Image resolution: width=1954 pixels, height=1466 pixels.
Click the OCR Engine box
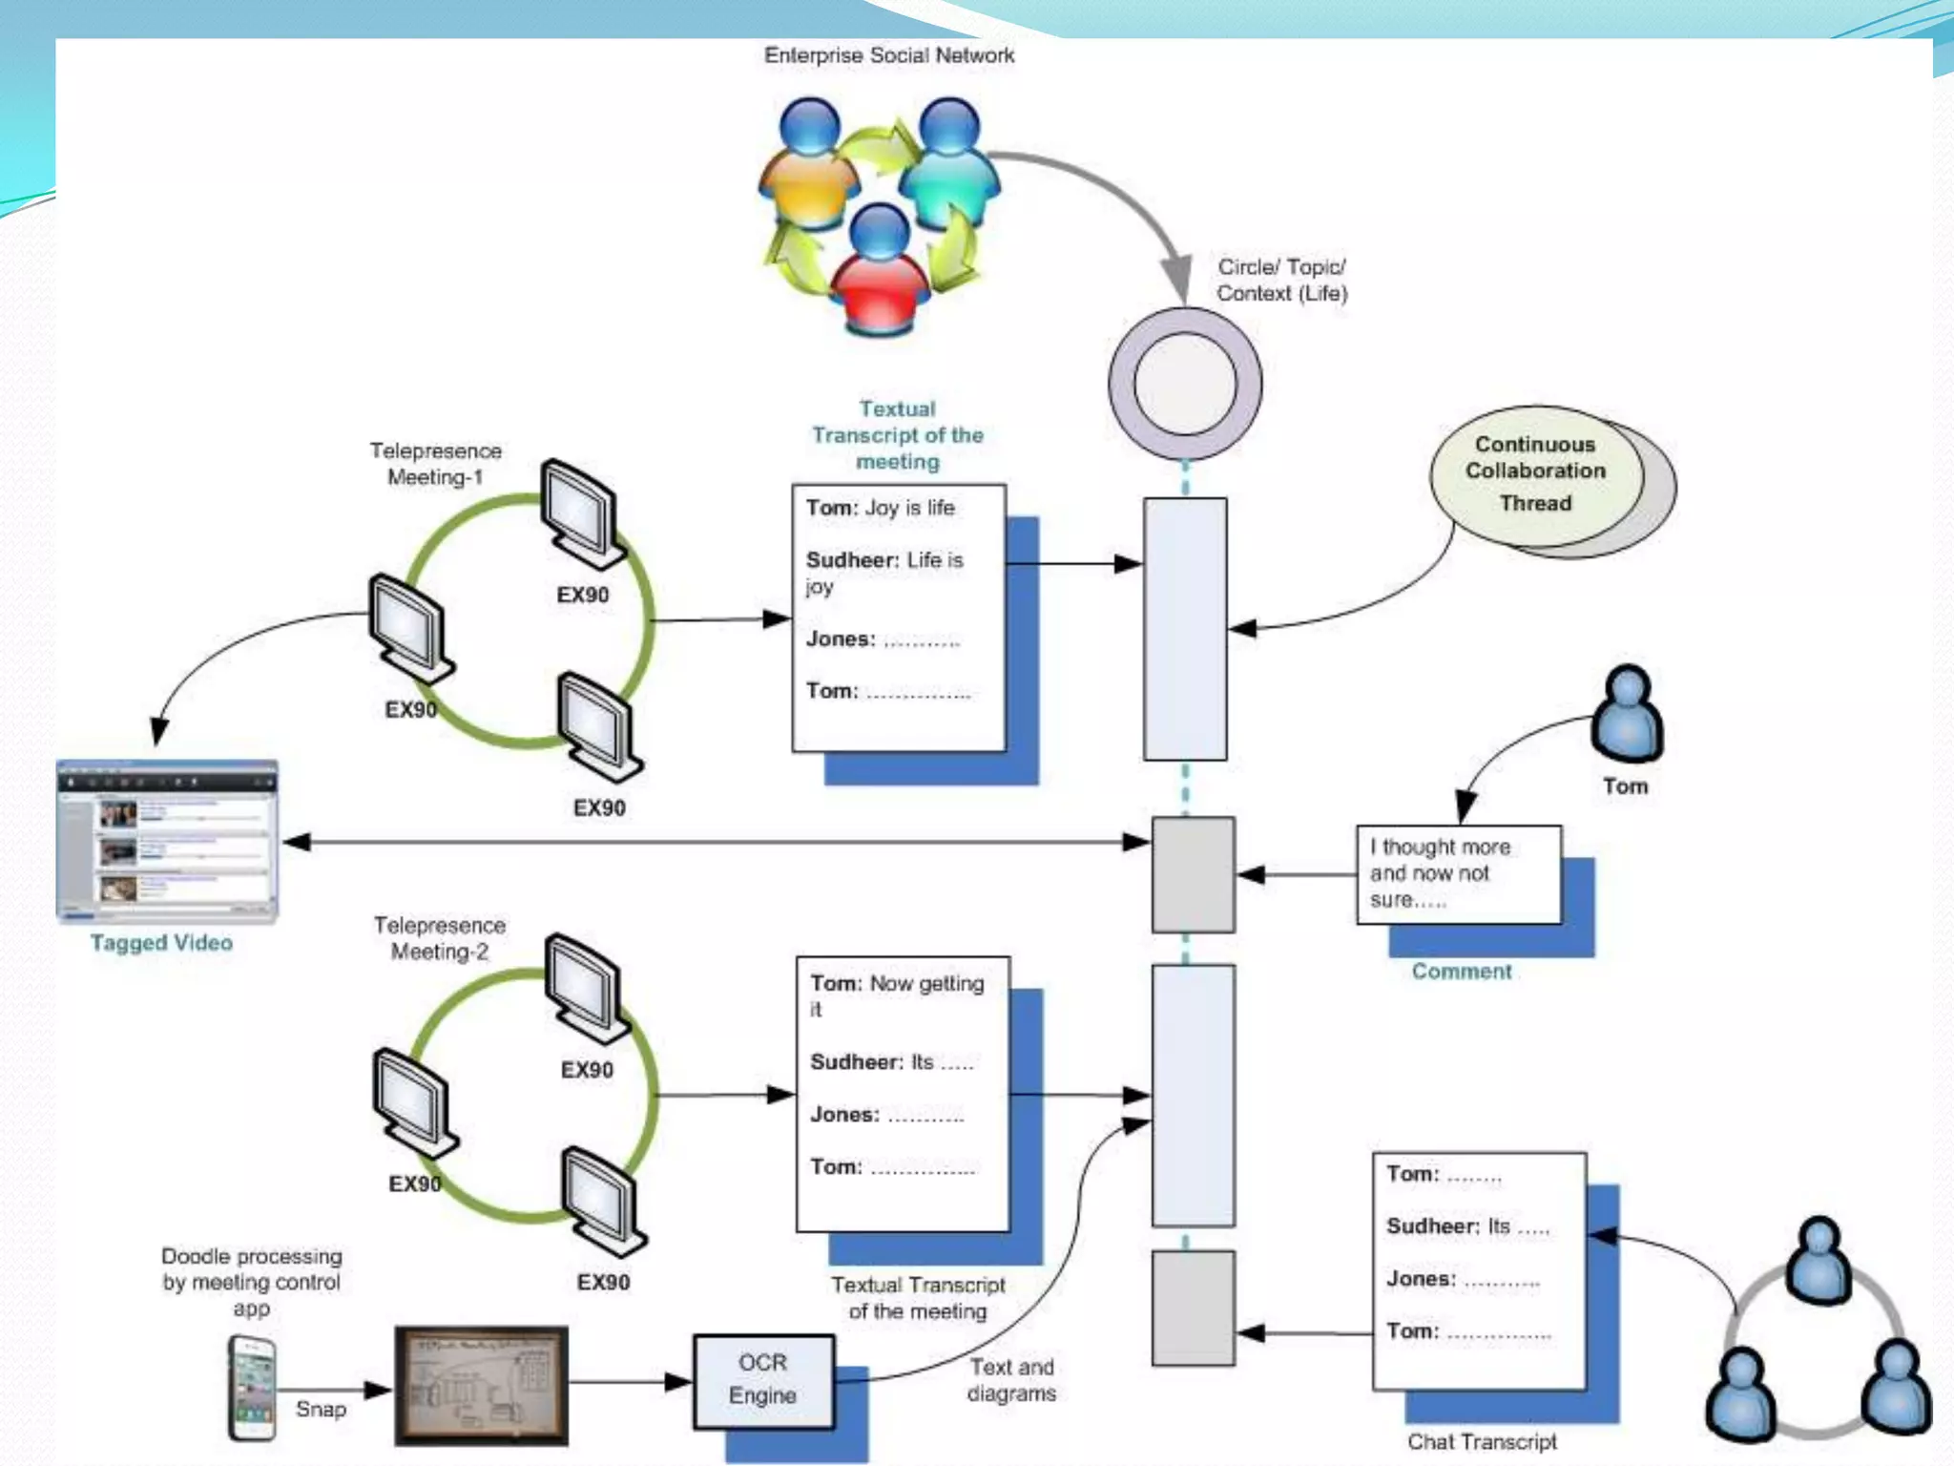click(x=762, y=1379)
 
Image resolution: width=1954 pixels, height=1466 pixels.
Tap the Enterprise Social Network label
click(x=888, y=55)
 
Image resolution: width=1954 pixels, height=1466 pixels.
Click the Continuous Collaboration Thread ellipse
click(x=1535, y=474)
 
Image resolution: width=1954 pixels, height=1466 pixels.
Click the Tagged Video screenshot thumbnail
click(x=167, y=841)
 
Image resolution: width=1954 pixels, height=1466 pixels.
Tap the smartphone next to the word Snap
click(x=252, y=1388)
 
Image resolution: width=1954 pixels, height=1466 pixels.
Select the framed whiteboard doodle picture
click(x=481, y=1385)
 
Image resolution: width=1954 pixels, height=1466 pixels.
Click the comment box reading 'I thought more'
click(x=1458, y=873)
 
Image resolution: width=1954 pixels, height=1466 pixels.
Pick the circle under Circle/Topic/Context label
click(x=1185, y=383)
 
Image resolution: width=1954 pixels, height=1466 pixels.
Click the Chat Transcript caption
click(x=1481, y=1441)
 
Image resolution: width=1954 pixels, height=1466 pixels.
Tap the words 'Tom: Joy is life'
click(x=880, y=508)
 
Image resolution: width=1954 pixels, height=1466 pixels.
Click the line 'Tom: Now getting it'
click(x=896, y=994)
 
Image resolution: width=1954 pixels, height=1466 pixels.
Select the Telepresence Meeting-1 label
click(x=435, y=463)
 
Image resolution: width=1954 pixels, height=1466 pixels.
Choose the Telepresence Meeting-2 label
click(x=439, y=937)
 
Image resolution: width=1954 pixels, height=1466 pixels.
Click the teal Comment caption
click(x=1461, y=971)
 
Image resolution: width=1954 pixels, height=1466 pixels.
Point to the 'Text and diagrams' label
click(x=1011, y=1380)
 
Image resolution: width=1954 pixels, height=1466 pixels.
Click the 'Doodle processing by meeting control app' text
click(x=251, y=1282)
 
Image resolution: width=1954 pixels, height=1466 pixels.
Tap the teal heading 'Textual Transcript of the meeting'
click(x=897, y=435)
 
